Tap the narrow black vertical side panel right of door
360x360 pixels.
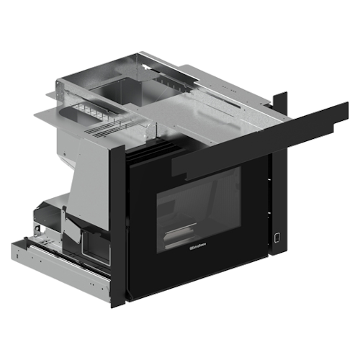pos(279,209)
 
